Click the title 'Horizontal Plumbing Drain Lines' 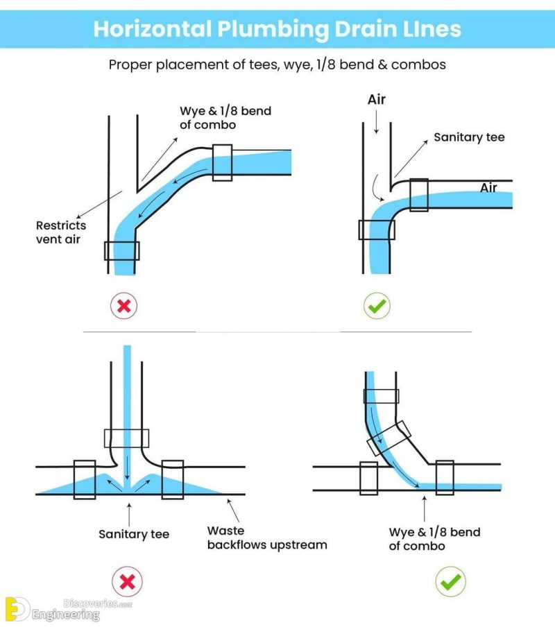click(277, 28)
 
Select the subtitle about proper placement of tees click(277, 65)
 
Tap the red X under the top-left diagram click(124, 305)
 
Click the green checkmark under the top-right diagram click(377, 305)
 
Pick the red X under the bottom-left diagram click(127, 581)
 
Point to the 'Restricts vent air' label click(61, 232)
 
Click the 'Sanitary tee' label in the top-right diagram click(469, 137)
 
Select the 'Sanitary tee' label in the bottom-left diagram click(133, 534)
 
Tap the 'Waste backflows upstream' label click(266, 538)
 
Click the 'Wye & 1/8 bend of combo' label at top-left click(207, 118)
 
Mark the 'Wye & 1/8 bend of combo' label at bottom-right click(434, 539)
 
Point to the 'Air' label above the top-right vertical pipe click(376, 100)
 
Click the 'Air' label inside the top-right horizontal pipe click(488, 188)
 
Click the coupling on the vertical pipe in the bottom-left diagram click(127, 438)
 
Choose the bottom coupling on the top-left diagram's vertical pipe click(121, 250)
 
